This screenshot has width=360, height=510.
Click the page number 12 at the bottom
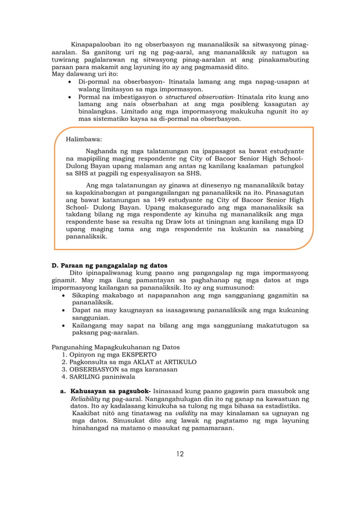point(180,454)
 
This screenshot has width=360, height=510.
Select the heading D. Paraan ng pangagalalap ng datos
point(109,265)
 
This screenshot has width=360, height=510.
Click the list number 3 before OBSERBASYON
point(64,369)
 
